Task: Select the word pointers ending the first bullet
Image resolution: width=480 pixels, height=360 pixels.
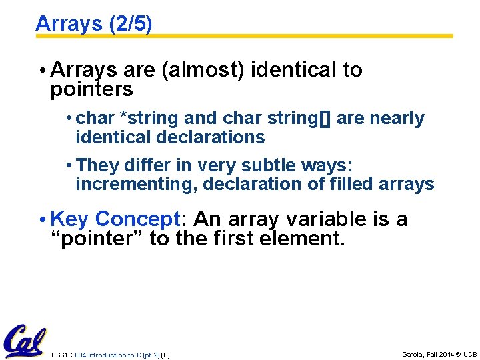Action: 91,89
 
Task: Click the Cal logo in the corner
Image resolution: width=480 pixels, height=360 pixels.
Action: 24,341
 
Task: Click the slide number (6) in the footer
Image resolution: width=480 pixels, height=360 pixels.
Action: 165,355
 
